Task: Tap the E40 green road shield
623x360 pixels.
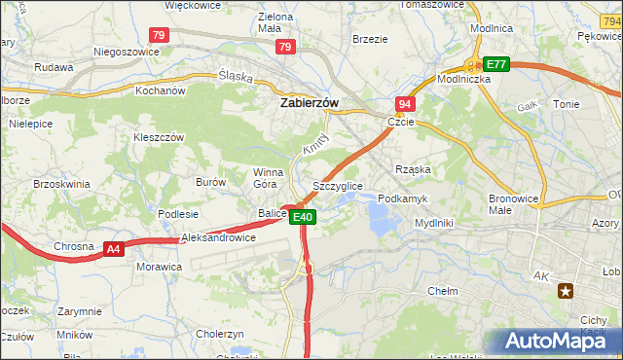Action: click(303, 217)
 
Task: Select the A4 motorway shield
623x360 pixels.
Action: click(114, 249)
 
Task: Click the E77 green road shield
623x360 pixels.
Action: click(496, 64)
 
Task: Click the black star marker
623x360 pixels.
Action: click(565, 290)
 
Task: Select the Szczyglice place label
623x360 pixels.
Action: click(338, 186)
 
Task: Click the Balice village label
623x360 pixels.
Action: click(272, 213)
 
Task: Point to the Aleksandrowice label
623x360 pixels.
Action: click(218, 237)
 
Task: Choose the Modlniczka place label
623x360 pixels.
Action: click(463, 80)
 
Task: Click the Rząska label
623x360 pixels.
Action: click(413, 169)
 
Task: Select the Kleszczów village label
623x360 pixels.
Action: click(159, 138)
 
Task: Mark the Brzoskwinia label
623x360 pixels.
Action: click(61, 184)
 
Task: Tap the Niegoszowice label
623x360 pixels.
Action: click(126, 52)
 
